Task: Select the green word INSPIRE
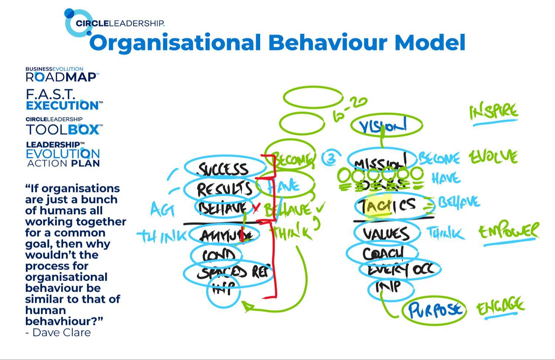pos(494,112)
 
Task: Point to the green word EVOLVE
pos(493,157)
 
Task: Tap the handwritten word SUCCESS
pos(224,169)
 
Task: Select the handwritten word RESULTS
pos(224,189)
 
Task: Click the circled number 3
pos(331,158)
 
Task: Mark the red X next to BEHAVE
pos(256,208)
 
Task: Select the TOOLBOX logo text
pos(63,130)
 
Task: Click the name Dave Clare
pos(61,333)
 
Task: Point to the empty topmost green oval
pos(313,97)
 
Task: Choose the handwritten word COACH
pos(383,254)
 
